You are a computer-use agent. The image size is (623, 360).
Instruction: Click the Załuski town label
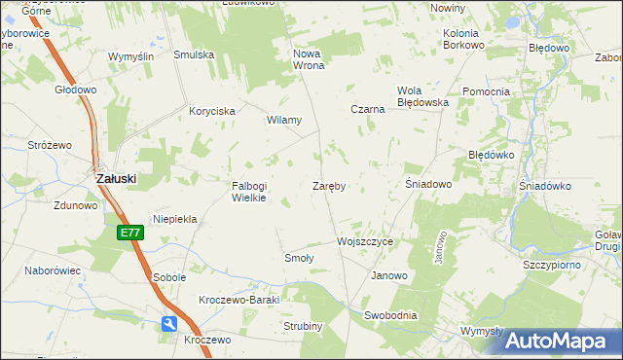pos(115,179)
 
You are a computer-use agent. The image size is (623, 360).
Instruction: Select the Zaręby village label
pos(330,185)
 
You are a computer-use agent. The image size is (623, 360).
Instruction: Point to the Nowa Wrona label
pos(308,59)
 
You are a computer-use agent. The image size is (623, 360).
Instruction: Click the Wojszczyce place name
pos(364,241)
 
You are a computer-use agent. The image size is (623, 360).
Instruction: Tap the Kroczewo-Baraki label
pos(238,300)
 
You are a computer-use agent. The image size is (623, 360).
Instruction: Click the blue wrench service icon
pos(169,323)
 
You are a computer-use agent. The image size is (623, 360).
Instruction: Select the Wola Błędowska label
pos(421,96)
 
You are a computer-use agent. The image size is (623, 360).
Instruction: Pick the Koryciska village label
pos(212,112)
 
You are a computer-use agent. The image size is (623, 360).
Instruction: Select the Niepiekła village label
pos(174,220)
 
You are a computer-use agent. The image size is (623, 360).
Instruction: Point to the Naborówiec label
pos(53,271)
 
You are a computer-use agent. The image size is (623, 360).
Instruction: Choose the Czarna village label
pos(368,110)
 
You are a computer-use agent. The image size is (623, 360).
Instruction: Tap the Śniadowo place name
pos(428,184)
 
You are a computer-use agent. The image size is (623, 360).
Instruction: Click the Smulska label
pos(194,55)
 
